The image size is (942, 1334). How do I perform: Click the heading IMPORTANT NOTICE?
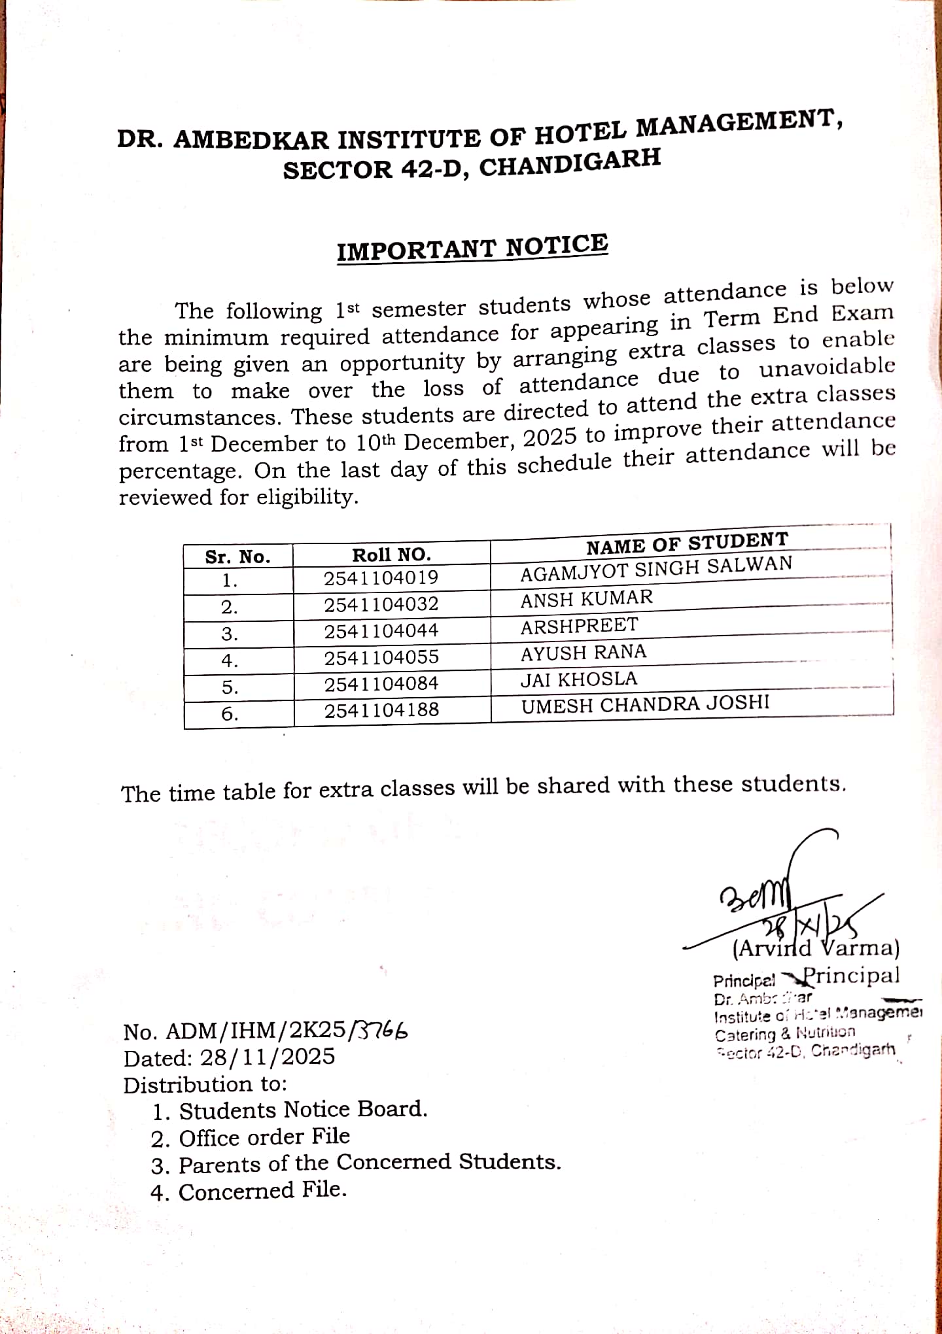[x=472, y=248]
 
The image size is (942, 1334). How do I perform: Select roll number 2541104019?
[x=381, y=578]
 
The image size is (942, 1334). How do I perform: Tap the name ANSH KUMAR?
[x=586, y=598]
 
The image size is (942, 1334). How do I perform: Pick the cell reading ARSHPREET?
[x=579, y=626]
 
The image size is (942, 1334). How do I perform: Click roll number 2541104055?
[x=381, y=657]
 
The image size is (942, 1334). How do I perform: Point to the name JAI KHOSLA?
[x=578, y=679]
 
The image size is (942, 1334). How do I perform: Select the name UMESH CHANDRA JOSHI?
[x=645, y=704]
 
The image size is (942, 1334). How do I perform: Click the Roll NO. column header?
[x=391, y=555]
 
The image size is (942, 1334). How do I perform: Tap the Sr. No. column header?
[x=237, y=557]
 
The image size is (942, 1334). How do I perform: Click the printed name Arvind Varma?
[x=816, y=948]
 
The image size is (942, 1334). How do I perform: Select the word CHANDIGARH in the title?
[x=570, y=163]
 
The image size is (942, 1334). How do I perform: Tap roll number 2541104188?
[x=381, y=710]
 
